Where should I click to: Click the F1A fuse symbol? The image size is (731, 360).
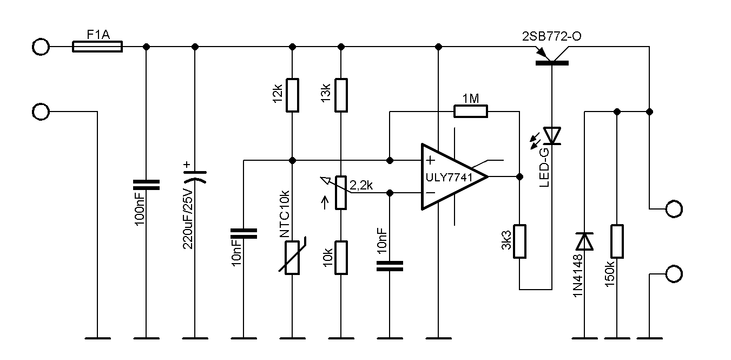tap(97, 47)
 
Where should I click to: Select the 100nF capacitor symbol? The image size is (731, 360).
tap(146, 185)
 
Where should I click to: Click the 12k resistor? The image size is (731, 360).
tap(292, 95)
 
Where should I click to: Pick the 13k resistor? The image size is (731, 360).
tap(341, 95)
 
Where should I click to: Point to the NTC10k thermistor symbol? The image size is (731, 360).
tap(292, 258)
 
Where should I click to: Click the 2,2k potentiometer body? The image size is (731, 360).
tap(341, 192)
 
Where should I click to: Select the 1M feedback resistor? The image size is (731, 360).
tap(470, 112)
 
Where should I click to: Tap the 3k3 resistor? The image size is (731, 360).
tap(519, 241)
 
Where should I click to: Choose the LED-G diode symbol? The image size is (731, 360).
tap(552, 135)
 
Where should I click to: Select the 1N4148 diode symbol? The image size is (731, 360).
tap(585, 241)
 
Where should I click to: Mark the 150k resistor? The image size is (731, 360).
tap(617, 241)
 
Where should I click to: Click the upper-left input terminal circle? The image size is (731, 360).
tap(41, 47)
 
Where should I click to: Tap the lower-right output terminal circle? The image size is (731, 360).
tap(674, 274)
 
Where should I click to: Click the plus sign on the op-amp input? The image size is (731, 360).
tap(430, 160)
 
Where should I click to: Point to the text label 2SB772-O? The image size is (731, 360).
tap(552, 36)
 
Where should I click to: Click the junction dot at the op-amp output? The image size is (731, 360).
tap(519, 176)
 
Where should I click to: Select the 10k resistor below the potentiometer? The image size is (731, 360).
tap(341, 258)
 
